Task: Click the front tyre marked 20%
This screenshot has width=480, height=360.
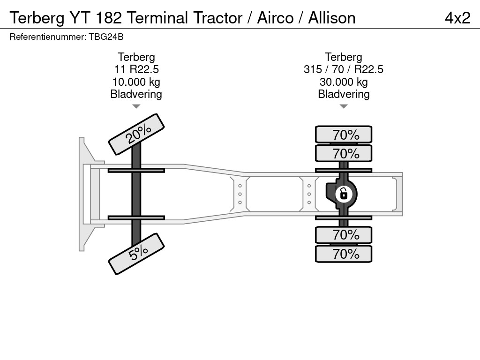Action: pos(136,134)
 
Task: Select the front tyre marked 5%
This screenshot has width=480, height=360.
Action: pos(136,254)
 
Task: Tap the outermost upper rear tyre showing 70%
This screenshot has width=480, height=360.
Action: pos(344,135)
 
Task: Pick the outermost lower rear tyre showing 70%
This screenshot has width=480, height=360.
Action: pos(344,254)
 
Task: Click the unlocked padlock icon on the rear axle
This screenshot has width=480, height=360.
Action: pos(344,193)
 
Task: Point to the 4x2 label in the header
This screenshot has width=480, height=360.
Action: pos(457,18)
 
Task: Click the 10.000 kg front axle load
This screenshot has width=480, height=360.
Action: pos(136,82)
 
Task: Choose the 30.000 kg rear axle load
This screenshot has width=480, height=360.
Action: pos(344,82)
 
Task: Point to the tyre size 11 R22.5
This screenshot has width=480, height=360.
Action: pos(136,69)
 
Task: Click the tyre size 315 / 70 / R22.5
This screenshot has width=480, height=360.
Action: pos(344,69)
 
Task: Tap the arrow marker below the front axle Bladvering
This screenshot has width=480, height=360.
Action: pos(136,106)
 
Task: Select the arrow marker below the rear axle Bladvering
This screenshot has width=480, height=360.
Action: pos(344,106)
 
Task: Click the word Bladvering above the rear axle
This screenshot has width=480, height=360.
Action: pos(344,94)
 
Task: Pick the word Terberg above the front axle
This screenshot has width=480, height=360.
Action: pos(136,57)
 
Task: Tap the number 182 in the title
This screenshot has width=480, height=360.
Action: pos(110,18)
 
